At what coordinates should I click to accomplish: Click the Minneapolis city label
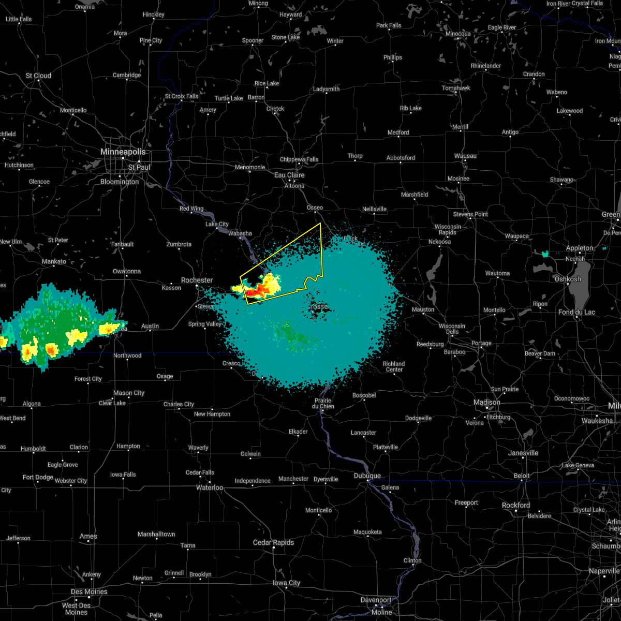[123, 152]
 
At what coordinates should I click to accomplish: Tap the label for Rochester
[197, 280]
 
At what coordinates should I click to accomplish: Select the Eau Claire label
[289, 175]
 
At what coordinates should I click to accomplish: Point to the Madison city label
[487, 402]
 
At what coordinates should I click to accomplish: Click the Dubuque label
[367, 476]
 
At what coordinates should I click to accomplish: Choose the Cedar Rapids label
[273, 542]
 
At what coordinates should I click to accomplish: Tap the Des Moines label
[90, 592]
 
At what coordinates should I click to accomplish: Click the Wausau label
[465, 156]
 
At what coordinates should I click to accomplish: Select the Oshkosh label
[568, 279]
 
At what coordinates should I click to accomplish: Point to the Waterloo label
[210, 487]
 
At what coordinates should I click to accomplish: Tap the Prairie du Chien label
[323, 403]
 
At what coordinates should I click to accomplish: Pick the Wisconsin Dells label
[452, 329]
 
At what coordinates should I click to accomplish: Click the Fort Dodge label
[38, 477]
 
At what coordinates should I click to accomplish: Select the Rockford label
[516, 505]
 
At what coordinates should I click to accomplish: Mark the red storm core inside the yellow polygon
[253, 293]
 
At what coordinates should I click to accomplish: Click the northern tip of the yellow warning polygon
[321, 223]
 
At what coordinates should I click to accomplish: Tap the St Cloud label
[39, 76]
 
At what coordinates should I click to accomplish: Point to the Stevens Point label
[471, 214]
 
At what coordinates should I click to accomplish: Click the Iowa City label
[287, 583]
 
